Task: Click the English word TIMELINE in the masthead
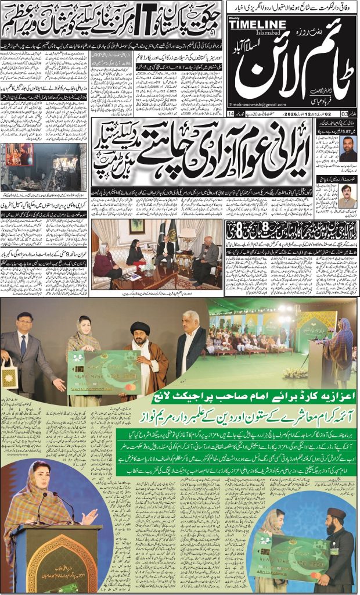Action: [x=261, y=24]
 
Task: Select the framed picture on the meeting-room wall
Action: [x=137, y=226]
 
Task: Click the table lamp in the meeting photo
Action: [x=187, y=235]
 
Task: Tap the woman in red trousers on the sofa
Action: [x=107, y=267]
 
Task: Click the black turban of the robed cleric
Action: [x=142, y=328]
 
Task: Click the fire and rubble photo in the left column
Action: [x=43, y=167]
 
